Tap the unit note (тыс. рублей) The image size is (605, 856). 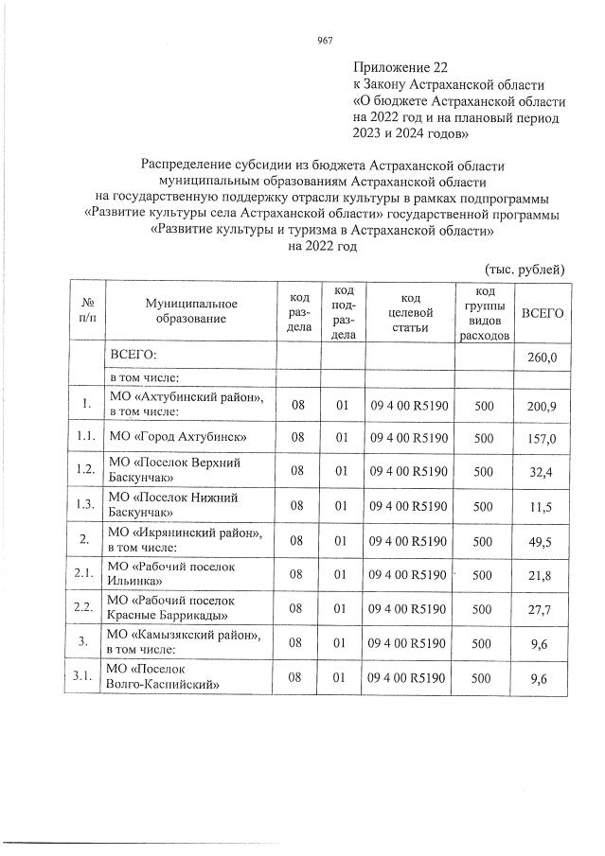(x=524, y=268)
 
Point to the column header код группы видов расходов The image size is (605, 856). (x=484, y=312)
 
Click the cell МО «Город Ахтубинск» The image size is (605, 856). (x=178, y=437)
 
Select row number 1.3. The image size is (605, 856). (x=86, y=506)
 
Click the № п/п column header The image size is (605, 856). (x=86, y=311)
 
